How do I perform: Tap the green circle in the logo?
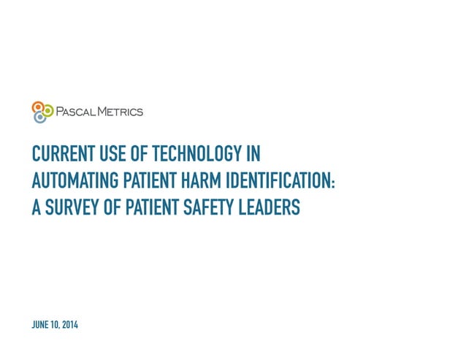point(48,110)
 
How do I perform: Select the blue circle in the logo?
point(39,117)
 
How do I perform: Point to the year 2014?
point(69,324)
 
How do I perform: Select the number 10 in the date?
point(55,324)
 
